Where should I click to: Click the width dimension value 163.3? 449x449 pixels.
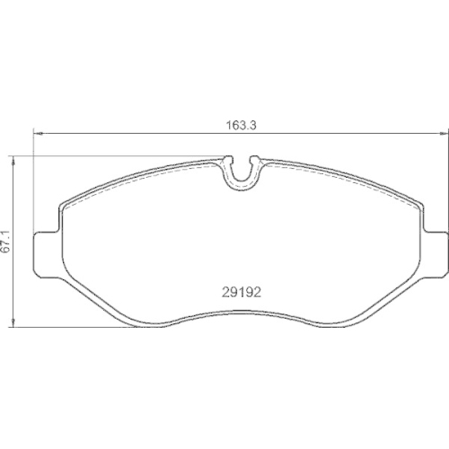click(x=241, y=125)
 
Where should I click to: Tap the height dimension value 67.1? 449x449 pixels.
click(x=5, y=242)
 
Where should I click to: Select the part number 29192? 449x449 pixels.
click(x=242, y=293)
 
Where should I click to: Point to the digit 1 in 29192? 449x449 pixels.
click(x=238, y=293)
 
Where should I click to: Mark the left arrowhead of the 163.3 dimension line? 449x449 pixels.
click(x=39, y=134)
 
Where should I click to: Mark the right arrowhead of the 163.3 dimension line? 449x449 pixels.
click(x=444, y=134)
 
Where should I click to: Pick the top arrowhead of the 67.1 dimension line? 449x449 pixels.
click(x=13, y=162)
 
